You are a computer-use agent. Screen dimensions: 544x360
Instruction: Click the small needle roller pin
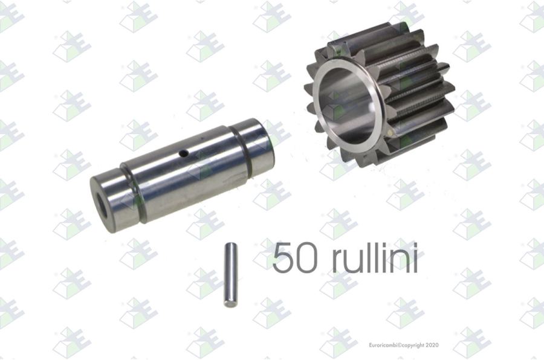coord(231,275)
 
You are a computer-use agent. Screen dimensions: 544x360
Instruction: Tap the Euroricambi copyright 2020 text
coord(404,345)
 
